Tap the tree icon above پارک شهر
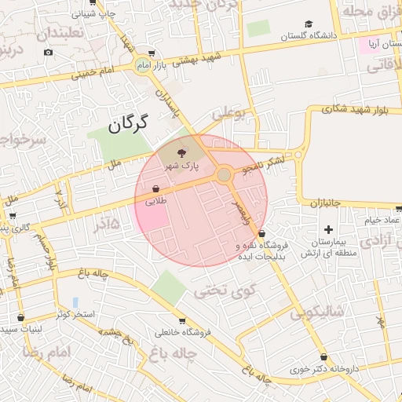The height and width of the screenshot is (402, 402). coord(182,153)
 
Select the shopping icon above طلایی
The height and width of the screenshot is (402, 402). coord(155,189)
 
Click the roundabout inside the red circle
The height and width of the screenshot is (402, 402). coord(224,174)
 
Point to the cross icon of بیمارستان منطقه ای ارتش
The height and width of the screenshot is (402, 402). coord(328,229)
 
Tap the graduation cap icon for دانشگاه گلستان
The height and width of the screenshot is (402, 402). coord(309,25)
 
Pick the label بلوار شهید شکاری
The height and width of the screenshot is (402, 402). coord(357,111)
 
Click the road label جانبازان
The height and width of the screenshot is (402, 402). coord(323,203)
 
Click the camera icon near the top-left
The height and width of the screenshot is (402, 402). coord(49,53)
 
